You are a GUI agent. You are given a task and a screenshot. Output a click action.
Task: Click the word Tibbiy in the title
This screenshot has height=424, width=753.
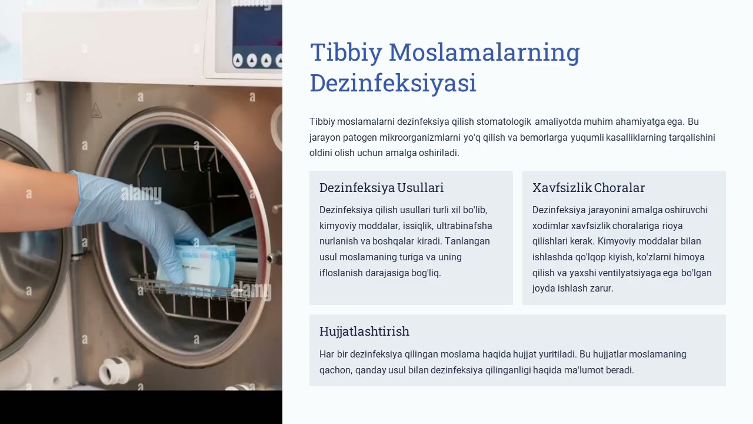pyautogui.click(x=346, y=53)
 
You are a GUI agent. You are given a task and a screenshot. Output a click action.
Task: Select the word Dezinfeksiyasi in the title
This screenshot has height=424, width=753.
pyautogui.click(x=392, y=84)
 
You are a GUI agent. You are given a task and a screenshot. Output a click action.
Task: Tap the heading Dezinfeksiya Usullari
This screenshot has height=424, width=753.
pyautogui.click(x=381, y=188)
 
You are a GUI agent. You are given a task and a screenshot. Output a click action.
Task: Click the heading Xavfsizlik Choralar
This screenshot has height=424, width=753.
pyautogui.click(x=588, y=188)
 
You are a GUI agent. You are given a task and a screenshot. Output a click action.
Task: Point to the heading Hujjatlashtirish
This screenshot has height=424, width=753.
pyautogui.click(x=364, y=332)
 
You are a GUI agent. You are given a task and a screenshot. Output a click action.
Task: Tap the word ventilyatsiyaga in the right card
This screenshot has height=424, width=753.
pyautogui.click(x=637, y=273)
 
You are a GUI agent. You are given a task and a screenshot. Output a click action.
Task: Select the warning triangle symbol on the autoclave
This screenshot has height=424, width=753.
pyautogui.click(x=96, y=110)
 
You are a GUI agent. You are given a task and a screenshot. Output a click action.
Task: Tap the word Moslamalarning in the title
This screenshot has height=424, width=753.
pyautogui.click(x=484, y=53)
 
